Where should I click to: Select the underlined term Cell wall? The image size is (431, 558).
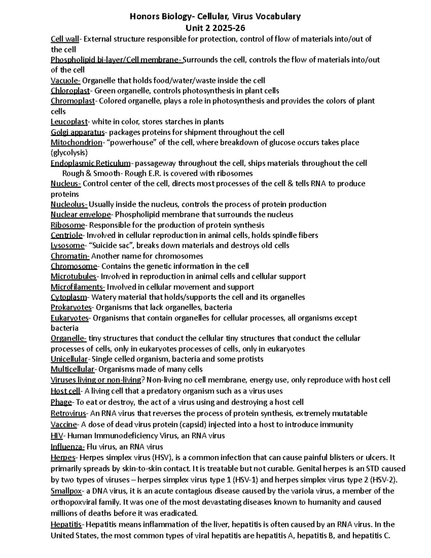coord(65,39)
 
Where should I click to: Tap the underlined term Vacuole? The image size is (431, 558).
coord(65,80)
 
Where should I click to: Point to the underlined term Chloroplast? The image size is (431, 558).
coord(70,91)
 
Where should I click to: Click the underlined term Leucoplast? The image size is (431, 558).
coord(69,122)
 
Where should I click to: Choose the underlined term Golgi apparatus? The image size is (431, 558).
coord(78,132)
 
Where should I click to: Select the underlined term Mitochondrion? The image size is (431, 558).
coord(77,142)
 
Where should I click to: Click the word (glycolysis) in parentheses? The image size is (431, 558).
coord(69,153)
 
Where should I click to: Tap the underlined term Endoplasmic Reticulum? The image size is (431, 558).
coord(91,163)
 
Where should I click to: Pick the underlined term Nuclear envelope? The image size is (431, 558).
coord(81,215)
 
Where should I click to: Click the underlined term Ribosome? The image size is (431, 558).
coord(68,225)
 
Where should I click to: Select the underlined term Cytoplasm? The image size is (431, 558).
coord(69,297)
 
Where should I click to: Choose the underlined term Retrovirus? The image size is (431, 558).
coord(68,413)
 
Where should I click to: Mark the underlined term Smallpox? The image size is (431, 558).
coord(66,491)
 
